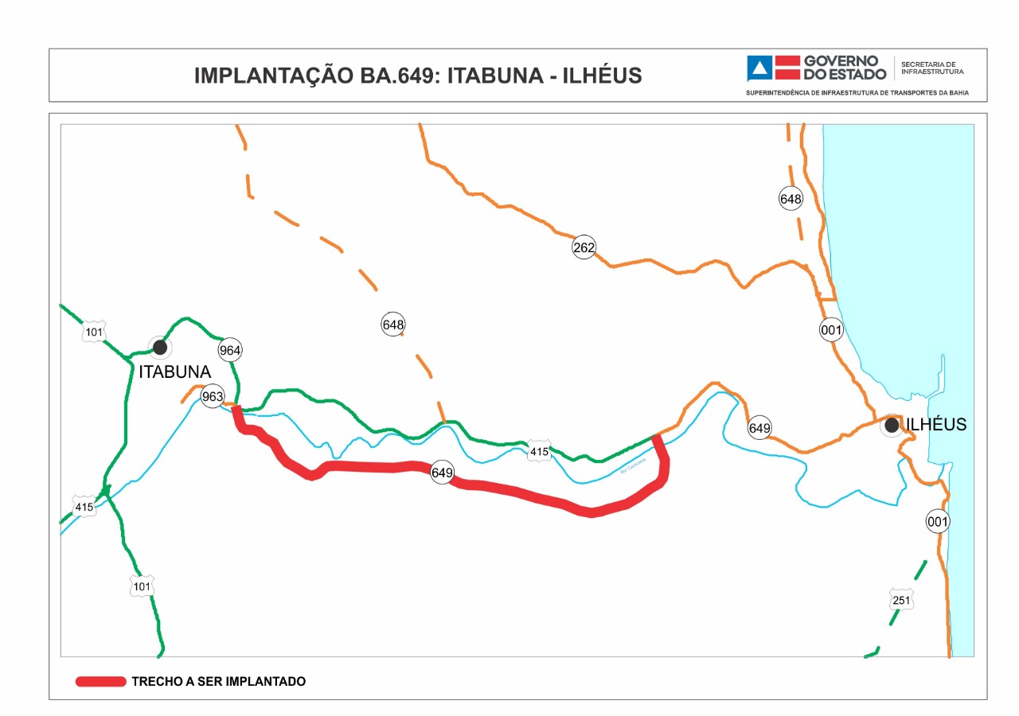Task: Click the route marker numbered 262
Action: pyautogui.click(x=584, y=247)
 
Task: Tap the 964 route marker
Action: pyautogui.click(x=229, y=350)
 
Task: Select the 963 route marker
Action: pyautogui.click(x=213, y=396)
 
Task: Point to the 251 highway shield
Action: pyautogui.click(x=900, y=601)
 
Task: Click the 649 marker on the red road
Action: pyautogui.click(x=442, y=473)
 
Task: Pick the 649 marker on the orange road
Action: pyautogui.click(x=759, y=428)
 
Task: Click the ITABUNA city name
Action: pyautogui.click(x=174, y=372)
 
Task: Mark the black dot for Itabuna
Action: pyautogui.click(x=160, y=347)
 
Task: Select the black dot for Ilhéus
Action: pyautogui.click(x=892, y=426)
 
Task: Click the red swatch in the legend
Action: pyautogui.click(x=101, y=682)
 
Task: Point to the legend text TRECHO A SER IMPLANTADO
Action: pyautogui.click(x=218, y=682)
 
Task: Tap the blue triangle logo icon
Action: pyautogui.click(x=759, y=68)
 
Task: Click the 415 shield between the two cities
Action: pyautogui.click(x=539, y=452)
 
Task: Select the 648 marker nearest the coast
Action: pyautogui.click(x=791, y=199)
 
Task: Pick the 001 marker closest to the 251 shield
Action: pyautogui.click(x=938, y=522)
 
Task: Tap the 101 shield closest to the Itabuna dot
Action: pyautogui.click(x=94, y=332)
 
